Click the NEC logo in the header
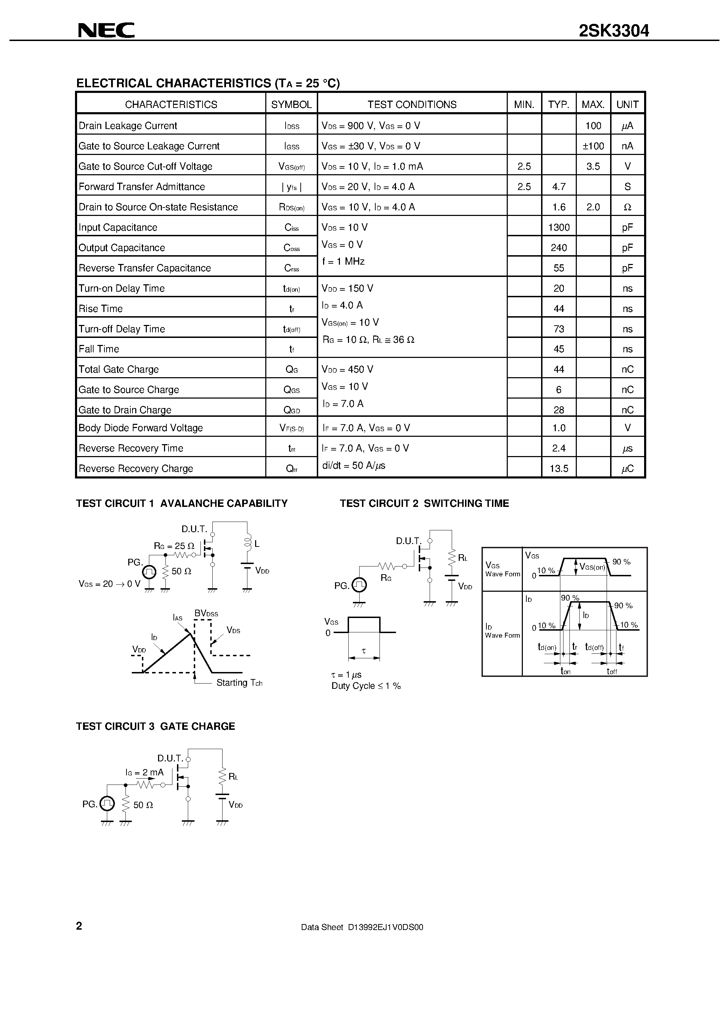106,30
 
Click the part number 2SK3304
614,31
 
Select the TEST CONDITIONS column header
411,104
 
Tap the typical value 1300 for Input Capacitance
558,228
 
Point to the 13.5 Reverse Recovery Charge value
558,469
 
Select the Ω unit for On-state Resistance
627,207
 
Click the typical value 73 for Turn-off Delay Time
558,329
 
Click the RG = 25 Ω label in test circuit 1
174,545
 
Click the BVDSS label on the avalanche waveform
206,613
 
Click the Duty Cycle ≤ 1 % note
366,686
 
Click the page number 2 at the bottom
79,926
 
